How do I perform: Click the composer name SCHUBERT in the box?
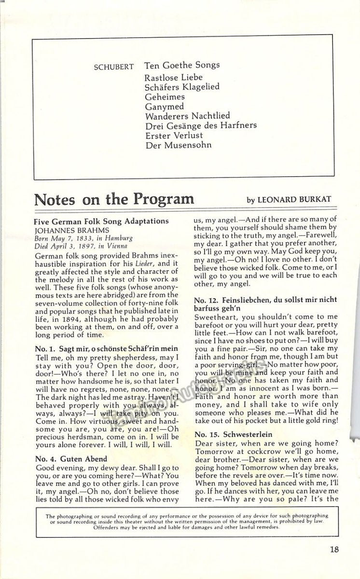point(114,67)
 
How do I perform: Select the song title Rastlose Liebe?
point(173,77)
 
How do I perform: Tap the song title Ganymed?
point(164,106)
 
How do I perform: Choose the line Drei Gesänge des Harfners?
point(200,125)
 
